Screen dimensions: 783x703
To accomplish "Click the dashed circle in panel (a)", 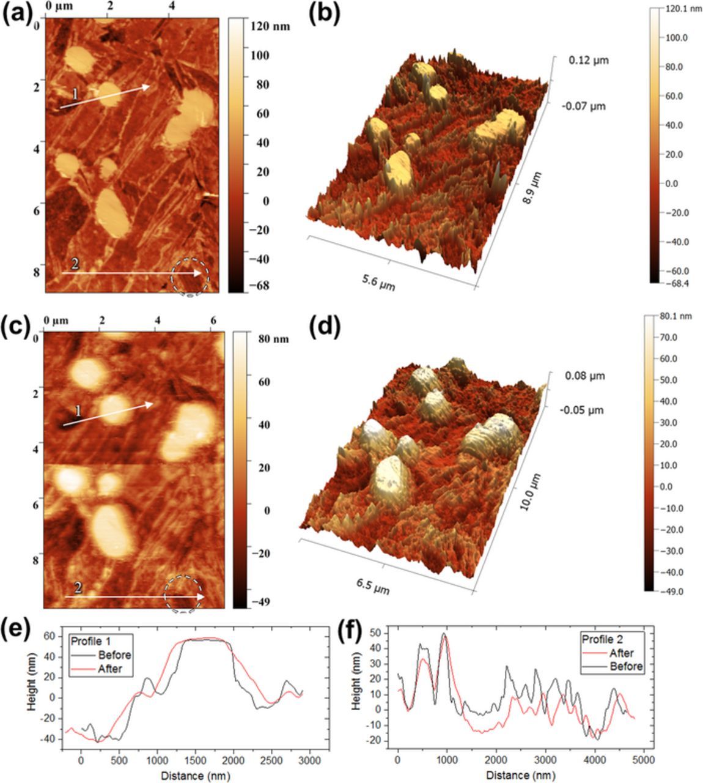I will click(190, 277).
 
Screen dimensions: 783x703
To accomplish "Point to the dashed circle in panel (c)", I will click(183, 593).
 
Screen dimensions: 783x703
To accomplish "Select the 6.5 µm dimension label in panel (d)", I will click(373, 586).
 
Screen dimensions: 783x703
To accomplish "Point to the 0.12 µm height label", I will click(588, 60).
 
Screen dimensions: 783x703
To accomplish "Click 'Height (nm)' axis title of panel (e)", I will click(32, 689).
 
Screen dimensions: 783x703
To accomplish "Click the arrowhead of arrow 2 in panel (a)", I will click(199, 273).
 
